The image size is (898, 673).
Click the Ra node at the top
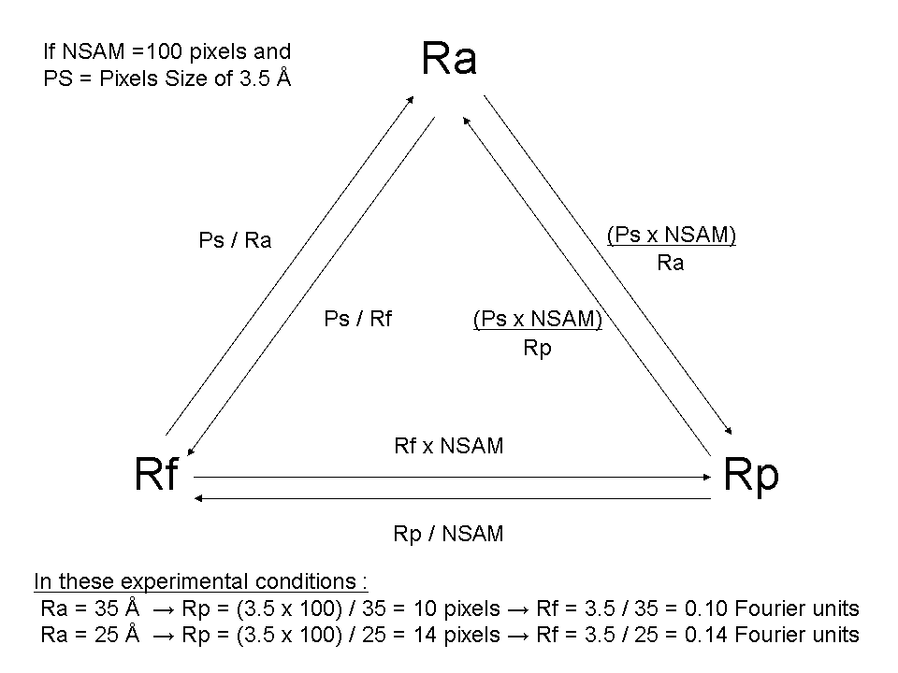click(x=449, y=59)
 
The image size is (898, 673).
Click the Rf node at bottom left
click(x=155, y=475)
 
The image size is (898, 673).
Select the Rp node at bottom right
click(x=750, y=475)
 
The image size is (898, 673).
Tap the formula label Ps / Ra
click(x=235, y=241)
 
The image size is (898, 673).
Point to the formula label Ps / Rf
click(x=357, y=320)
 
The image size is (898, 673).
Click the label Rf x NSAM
click(x=449, y=446)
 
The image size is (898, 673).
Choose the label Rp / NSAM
click(x=449, y=534)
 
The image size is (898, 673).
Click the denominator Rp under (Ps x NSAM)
click(x=538, y=348)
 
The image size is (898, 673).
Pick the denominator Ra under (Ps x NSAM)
click(x=671, y=263)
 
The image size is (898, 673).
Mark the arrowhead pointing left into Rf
click(x=198, y=498)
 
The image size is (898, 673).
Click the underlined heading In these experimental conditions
click(x=201, y=580)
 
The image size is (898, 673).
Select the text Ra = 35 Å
click(x=91, y=609)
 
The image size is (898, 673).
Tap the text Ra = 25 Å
click(x=91, y=636)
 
